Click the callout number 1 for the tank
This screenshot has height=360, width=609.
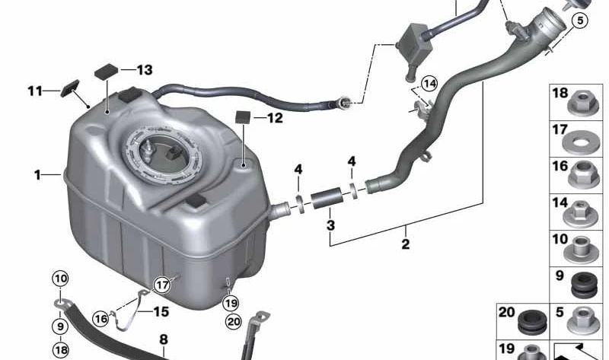tap(37, 175)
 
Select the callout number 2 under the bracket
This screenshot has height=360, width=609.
tap(405, 244)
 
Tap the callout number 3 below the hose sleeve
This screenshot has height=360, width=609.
tap(330, 225)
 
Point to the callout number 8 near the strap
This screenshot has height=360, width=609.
tap(163, 340)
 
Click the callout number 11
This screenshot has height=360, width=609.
tap(33, 91)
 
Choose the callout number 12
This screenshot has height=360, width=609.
tap(274, 118)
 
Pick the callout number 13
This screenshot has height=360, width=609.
tap(144, 70)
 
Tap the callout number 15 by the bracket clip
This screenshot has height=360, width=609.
tap(161, 311)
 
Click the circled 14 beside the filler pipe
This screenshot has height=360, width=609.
tap(430, 83)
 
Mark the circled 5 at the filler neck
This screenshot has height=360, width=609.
tap(581, 21)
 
